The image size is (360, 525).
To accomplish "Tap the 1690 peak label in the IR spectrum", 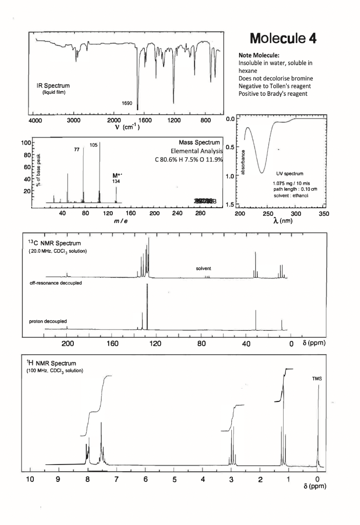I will click(127, 104).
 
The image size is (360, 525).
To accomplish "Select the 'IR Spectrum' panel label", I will click(53, 85).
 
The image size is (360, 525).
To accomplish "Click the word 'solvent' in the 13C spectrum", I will click(203, 269).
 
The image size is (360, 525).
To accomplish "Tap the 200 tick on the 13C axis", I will click(67, 342).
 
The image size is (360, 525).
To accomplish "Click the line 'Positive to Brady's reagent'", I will click(273, 93).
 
